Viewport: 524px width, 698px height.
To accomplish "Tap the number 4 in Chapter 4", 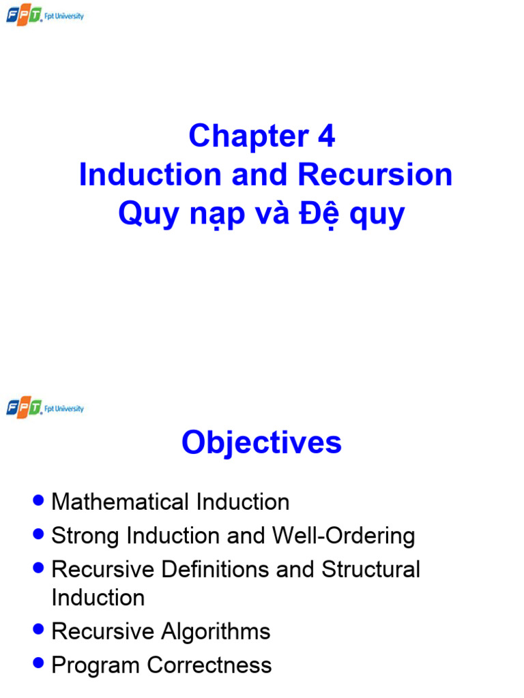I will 326,136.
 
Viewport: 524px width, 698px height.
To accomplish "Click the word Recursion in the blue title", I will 375,175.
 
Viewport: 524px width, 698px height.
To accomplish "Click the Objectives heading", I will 261,443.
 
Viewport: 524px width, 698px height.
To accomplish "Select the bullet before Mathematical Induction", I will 39,501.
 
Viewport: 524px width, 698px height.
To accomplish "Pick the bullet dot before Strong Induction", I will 39,534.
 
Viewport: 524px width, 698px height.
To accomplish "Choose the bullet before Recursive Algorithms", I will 39,630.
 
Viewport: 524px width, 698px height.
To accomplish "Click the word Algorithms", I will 216,632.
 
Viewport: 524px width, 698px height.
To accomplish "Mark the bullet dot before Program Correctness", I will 39,663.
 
